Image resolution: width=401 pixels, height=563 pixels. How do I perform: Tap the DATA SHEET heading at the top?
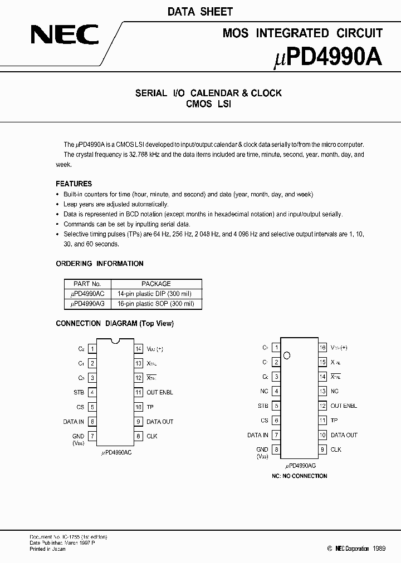click(x=200, y=12)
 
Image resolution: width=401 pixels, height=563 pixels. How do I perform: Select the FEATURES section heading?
click(x=74, y=184)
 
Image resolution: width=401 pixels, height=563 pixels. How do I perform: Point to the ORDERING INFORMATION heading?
click(x=100, y=264)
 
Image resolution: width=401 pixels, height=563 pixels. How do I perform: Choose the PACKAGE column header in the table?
click(x=156, y=284)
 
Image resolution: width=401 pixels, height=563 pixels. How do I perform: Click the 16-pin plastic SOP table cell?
click(x=156, y=304)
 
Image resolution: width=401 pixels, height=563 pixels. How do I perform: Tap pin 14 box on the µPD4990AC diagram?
click(x=139, y=349)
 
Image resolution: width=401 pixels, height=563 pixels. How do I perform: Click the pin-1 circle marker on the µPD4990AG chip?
click(x=287, y=355)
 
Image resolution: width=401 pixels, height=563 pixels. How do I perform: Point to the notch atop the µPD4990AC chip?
click(x=116, y=340)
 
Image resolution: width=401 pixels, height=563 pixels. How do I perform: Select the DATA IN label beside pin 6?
click(x=74, y=422)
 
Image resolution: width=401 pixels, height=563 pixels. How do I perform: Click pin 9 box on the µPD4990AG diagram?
click(x=322, y=450)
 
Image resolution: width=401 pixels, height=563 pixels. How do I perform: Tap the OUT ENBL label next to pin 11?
click(x=160, y=392)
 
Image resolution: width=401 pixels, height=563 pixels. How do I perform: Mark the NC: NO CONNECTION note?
click(x=299, y=476)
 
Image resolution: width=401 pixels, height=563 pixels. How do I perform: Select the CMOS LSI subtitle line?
click(x=208, y=104)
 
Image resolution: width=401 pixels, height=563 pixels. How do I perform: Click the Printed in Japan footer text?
click(x=47, y=549)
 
